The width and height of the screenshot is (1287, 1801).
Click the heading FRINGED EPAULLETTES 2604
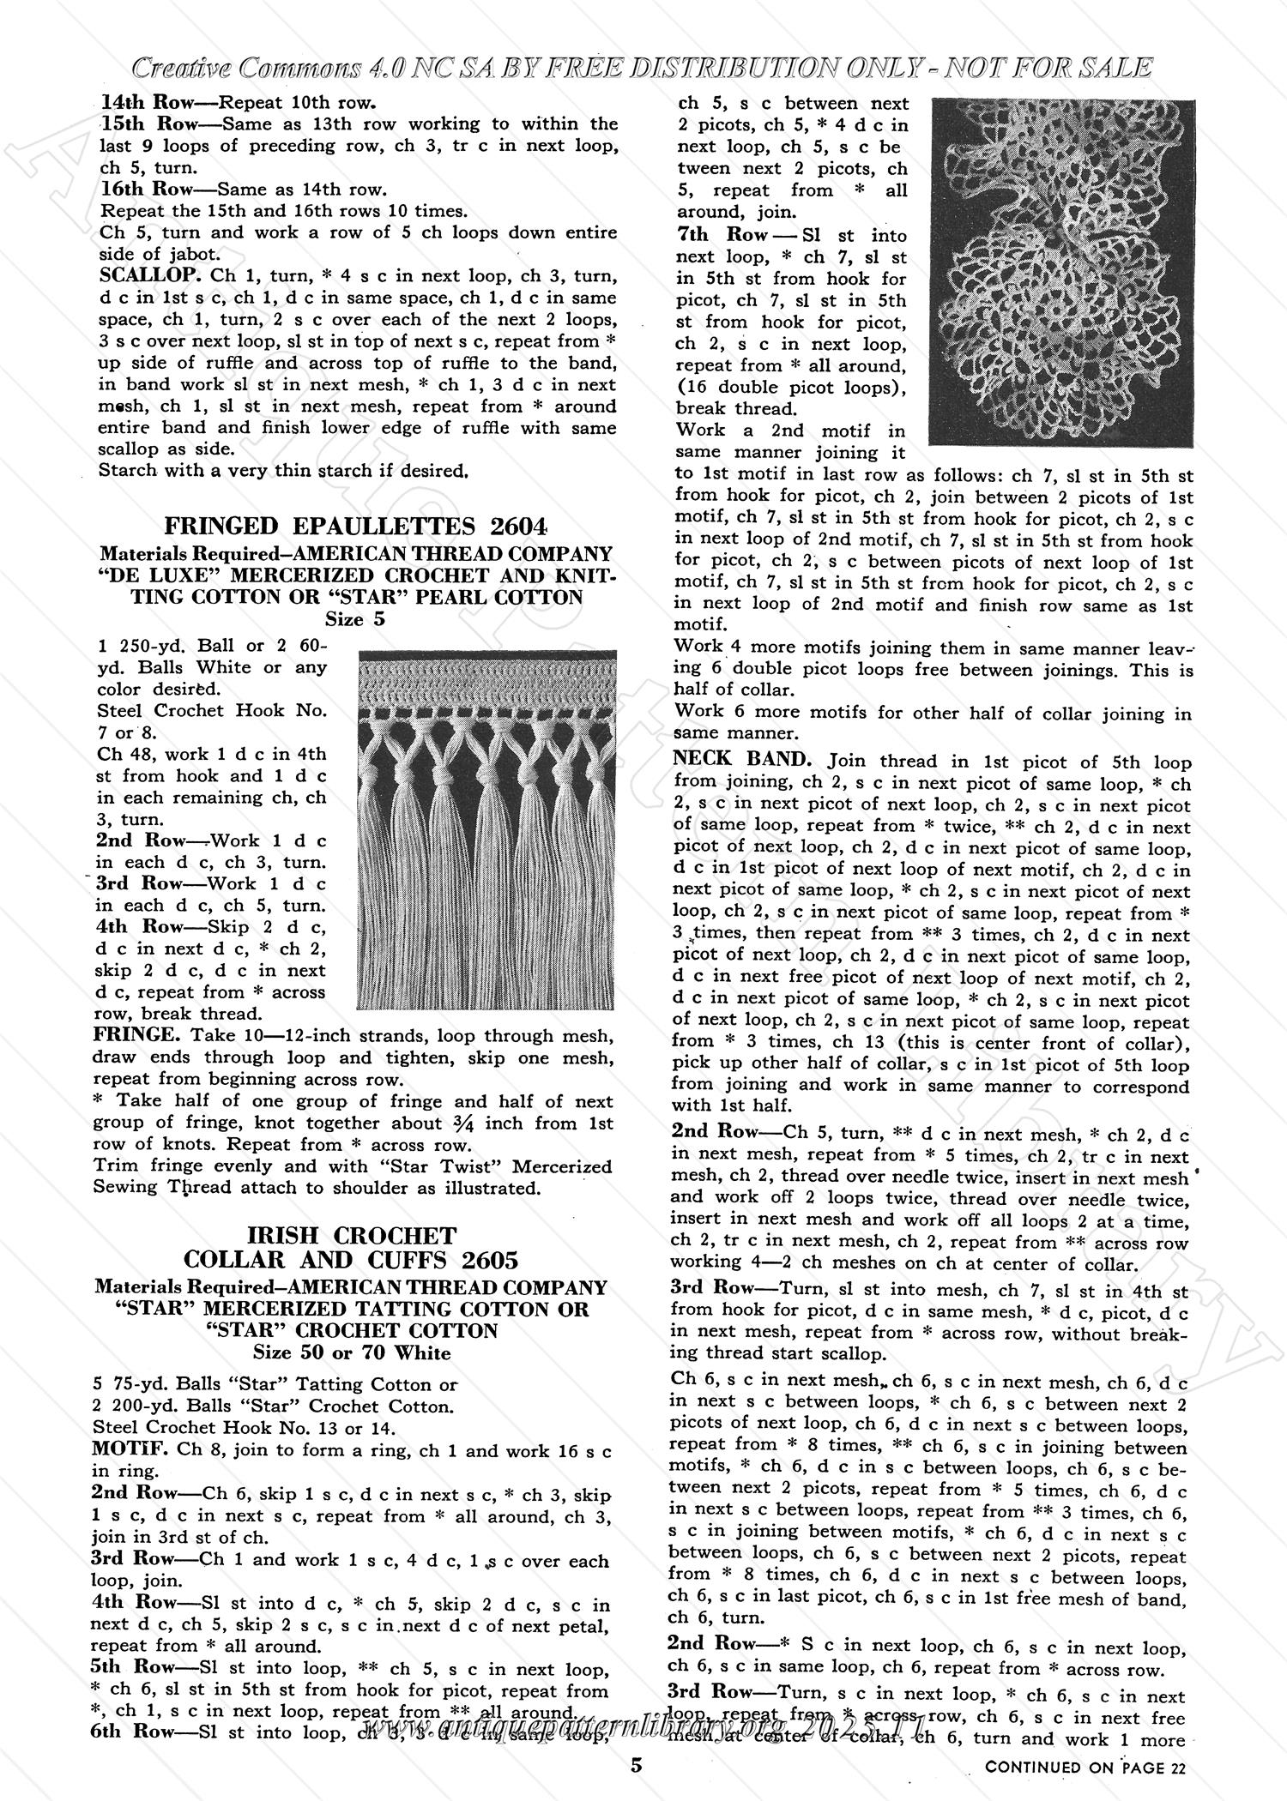(355, 526)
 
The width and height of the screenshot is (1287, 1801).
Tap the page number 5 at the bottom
(636, 1765)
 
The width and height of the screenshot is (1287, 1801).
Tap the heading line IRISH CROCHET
(352, 1236)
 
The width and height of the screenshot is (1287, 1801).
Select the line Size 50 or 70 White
(352, 1352)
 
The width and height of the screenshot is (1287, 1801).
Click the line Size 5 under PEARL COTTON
(354, 619)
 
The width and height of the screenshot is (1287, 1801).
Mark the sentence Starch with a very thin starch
(283, 470)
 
